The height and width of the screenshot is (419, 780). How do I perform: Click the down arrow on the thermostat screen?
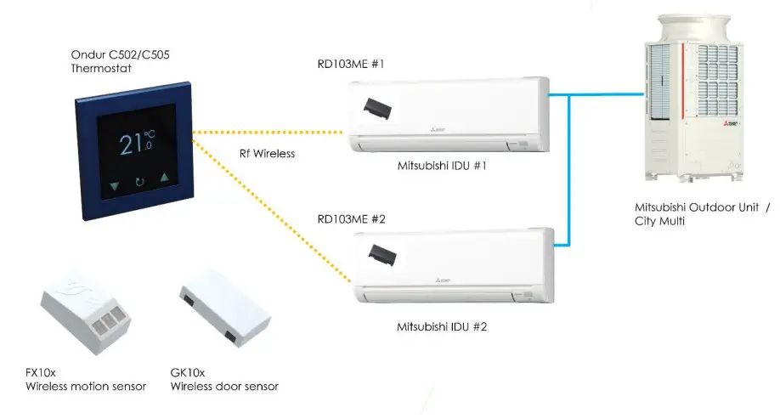(x=114, y=182)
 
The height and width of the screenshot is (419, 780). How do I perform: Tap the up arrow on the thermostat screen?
(x=165, y=180)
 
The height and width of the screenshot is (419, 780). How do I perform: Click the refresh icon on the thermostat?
(x=139, y=182)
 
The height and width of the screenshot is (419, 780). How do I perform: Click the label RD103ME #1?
(x=352, y=65)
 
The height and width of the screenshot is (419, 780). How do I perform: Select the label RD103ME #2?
(x=352, y=219)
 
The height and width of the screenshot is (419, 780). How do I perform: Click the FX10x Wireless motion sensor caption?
(x=85, y=380)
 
